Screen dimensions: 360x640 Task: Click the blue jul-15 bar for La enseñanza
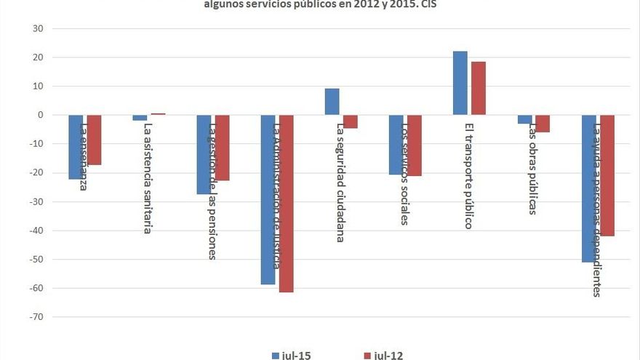(x=76, y=146)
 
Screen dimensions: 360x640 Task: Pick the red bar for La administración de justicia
(x=286, y=204)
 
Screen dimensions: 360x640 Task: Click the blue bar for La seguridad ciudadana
(x=332, y=102)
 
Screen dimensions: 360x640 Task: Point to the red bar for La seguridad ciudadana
(x=351, y=121)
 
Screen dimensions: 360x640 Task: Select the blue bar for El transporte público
(x=460, y=83)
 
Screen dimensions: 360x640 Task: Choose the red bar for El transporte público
(x=478, y=88)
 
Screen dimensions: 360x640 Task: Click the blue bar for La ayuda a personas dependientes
(x=588, y=188)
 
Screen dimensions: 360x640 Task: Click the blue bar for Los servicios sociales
(x=396, y=145)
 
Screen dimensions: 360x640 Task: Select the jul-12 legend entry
(x=383, y=355)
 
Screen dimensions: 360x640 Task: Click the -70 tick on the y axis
(x=36, y=317)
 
